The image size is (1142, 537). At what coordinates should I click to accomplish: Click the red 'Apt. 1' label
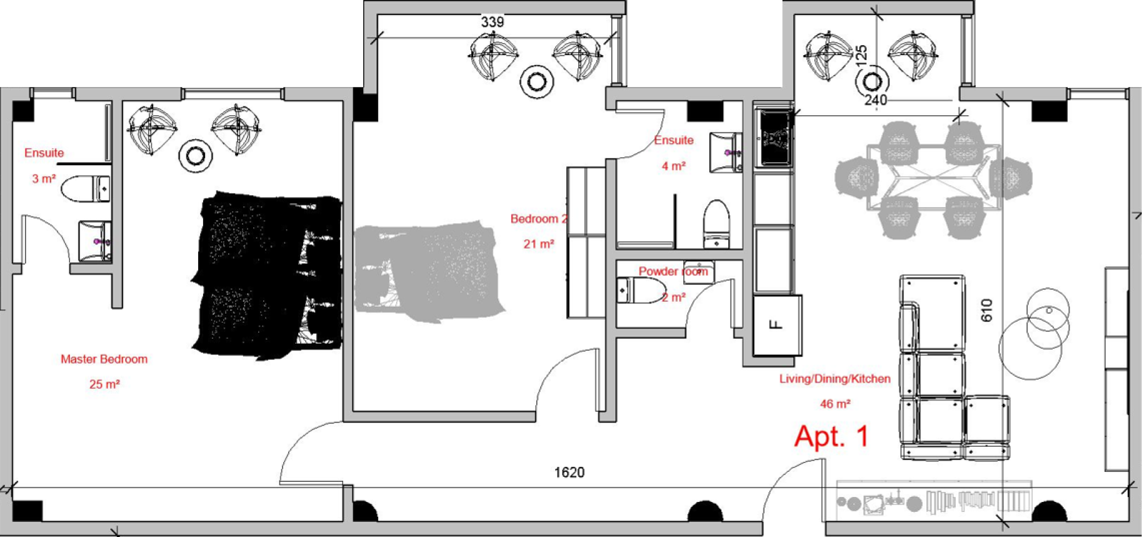(x=831, y=436)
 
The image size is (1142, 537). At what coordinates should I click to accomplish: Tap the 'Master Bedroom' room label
(x=104, y=359)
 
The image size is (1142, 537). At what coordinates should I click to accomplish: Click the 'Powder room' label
(x=673, y=272)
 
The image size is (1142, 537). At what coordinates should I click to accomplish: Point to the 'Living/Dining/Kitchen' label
(x=834, y=379)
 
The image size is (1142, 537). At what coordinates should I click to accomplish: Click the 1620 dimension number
(x=569, y=473)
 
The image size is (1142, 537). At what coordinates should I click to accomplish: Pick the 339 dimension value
(x=493, y=22)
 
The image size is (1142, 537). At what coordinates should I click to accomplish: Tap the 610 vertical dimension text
(x=987, y=310)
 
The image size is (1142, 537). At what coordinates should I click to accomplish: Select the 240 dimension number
(x=876, y=100)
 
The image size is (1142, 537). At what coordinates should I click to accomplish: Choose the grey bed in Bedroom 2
(x=429, y=271)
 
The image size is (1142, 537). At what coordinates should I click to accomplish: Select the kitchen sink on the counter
(x=774, y=138)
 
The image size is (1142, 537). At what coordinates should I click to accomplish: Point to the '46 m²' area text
(x=835, y=404)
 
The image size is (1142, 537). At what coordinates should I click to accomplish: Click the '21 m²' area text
(x=539, y=244)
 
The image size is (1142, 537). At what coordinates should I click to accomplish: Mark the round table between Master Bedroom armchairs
(x=195, y=155)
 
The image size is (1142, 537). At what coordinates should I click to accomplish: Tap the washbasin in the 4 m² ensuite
(x=726, y=152)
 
